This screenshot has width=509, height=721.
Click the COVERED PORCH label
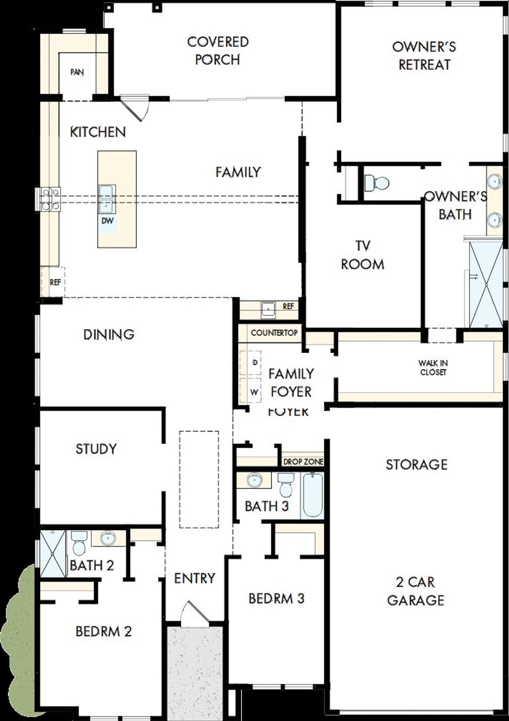tap(218, 51)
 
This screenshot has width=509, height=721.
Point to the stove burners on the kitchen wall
tap(50, 199)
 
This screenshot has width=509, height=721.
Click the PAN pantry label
tap(77, 72)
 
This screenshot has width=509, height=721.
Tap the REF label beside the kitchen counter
tap(55, 282)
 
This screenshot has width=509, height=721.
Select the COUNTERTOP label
tap(274, 333)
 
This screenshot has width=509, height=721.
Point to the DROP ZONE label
tap(303, 462)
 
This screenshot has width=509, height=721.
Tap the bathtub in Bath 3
tap(313, 495)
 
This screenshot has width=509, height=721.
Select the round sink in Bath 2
tap(107, 538)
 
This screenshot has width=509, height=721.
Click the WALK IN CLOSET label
tap(433, 368)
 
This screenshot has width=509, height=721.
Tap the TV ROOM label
tap(362, 255)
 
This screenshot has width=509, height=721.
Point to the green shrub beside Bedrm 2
tap(20, 637)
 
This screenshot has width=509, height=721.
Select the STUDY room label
tap(96, 449)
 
